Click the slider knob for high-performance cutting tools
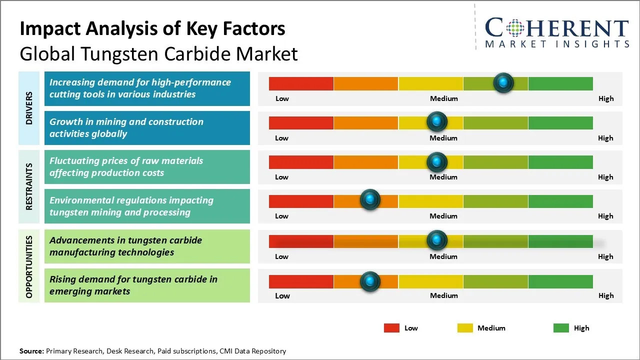point(503,82)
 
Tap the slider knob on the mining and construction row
point(437,122)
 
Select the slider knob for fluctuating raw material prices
point(437,162)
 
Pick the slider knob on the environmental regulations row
point(370,200)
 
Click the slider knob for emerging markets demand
point(370,281)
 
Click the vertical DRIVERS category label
point(29,108)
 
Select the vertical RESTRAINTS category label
point(29,186)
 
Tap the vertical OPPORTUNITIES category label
point(29,266)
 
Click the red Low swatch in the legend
point(391,328)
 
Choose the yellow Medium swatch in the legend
point(465,328)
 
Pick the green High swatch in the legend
point(561,328)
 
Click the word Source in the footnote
point(31,351)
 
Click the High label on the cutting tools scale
point(606,98)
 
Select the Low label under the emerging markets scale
point(282,295)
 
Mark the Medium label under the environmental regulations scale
point(443,216)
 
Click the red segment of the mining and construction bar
point(301,123)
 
